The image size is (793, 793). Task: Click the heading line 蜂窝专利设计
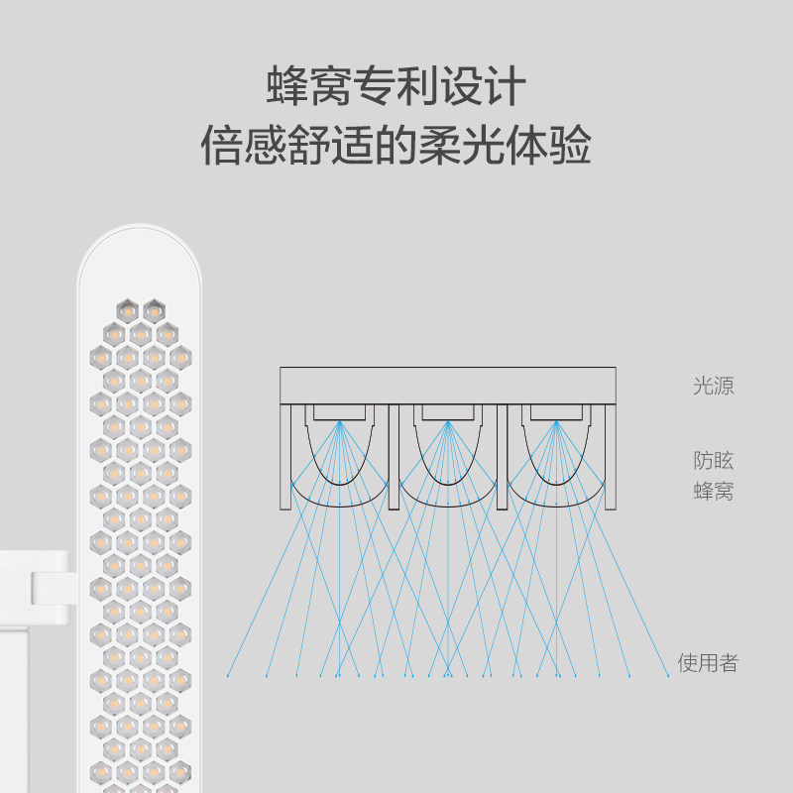coord(396,86)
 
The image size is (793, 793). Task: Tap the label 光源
coord(713,386)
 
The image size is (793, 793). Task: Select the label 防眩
coord(713,460)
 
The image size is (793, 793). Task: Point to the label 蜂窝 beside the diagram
coord(713,491)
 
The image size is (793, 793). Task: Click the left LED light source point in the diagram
coord(340,421)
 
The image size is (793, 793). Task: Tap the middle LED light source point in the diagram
coord(448,421)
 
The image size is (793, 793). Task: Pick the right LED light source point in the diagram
coord(556,421)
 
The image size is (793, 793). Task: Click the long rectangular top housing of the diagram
coord(448,385)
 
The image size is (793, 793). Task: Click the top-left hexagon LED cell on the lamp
coord(127,310)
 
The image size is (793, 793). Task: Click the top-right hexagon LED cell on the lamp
coord(153,310)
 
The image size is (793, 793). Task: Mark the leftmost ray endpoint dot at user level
coord(229,677)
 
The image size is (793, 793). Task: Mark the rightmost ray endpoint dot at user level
coord(667,677)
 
